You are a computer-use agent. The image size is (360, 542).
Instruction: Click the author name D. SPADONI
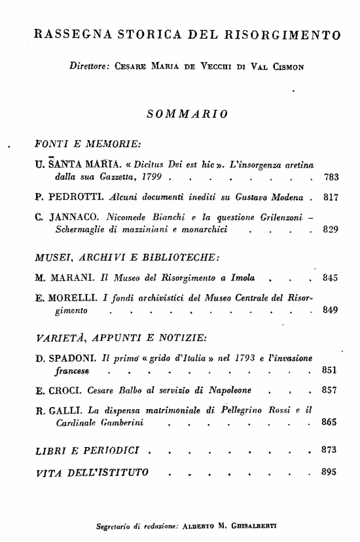pyautogui.click(x=65, y=357)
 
